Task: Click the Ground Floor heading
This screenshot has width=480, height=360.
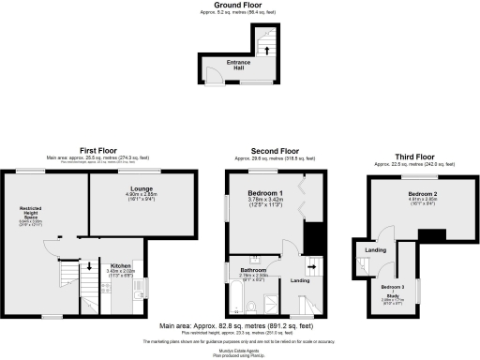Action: pos(239,5)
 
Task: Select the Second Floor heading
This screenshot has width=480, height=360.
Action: pos(274,150)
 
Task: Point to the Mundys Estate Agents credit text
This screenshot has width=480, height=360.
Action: pos(239,351)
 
